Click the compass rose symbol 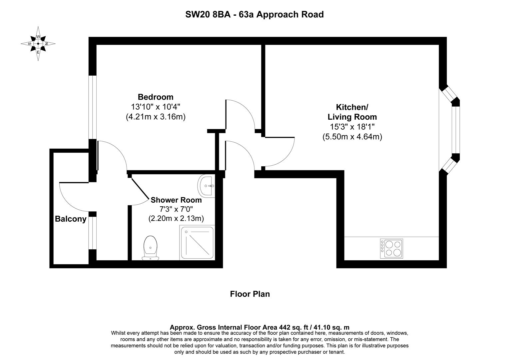point(38,44)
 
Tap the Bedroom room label point(156,97)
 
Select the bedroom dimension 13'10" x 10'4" point(156,107)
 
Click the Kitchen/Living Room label point(352,112)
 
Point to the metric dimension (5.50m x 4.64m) point(352,137)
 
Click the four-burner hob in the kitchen point(391,248)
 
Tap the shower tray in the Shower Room point(197,243)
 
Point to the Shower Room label point(176,200)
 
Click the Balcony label point(71,219)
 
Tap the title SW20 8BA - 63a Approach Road point(254,15)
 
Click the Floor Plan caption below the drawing point(250,294)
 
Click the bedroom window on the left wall point(92,107)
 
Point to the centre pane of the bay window point(455,130)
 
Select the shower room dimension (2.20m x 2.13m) point(176,218)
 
